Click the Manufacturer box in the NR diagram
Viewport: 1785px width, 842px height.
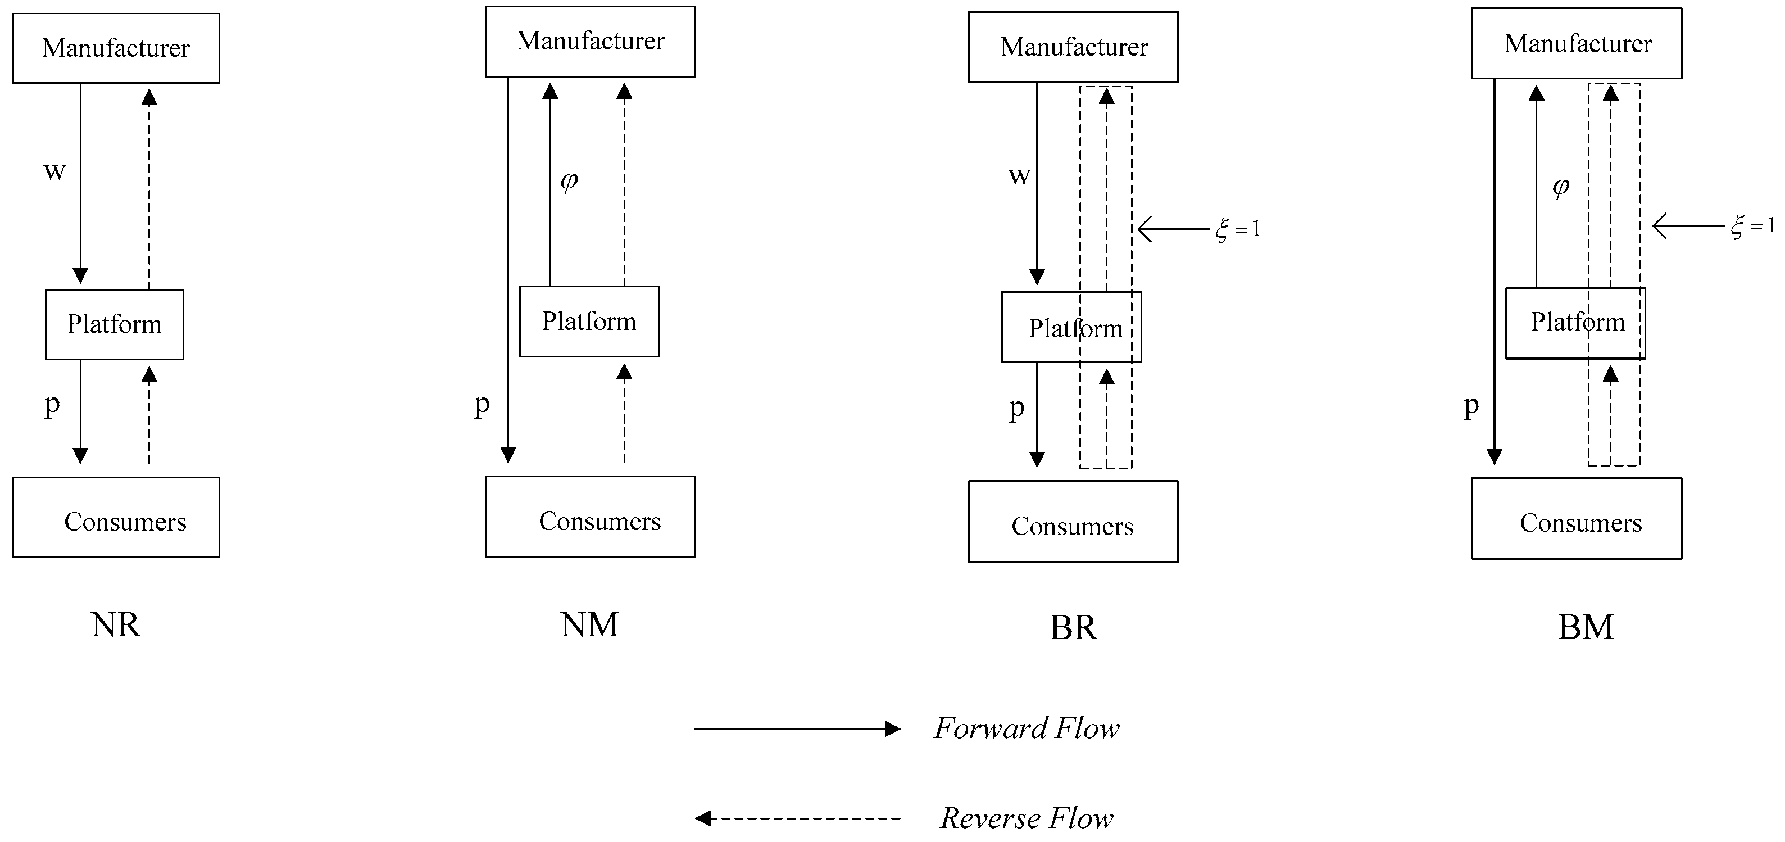click(116, 48)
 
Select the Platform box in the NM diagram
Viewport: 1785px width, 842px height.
click(589, 322)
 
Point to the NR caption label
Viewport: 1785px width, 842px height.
click(116, 625)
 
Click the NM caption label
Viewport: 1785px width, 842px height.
click(589, 625)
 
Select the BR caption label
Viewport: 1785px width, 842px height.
click(1073, 628)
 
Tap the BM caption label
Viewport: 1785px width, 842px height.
click(1586, 627)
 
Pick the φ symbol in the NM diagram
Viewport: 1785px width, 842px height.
click(569, 182)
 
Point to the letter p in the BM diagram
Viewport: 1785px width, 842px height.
click(1471, 405)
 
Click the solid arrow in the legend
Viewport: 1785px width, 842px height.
click(797, 729)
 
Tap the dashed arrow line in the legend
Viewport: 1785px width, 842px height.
click(797, 818)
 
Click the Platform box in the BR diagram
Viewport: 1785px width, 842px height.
click(1071, 327)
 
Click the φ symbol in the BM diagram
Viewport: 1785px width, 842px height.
click(1560, 187)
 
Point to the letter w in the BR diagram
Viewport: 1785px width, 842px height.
click(1019, 175)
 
